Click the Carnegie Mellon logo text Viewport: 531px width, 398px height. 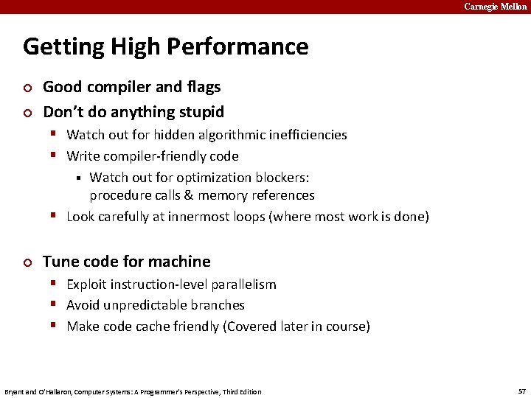coord(495,7)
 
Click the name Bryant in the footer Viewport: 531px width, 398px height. coord(15,391)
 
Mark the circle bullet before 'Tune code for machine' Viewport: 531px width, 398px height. coord(27,262)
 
